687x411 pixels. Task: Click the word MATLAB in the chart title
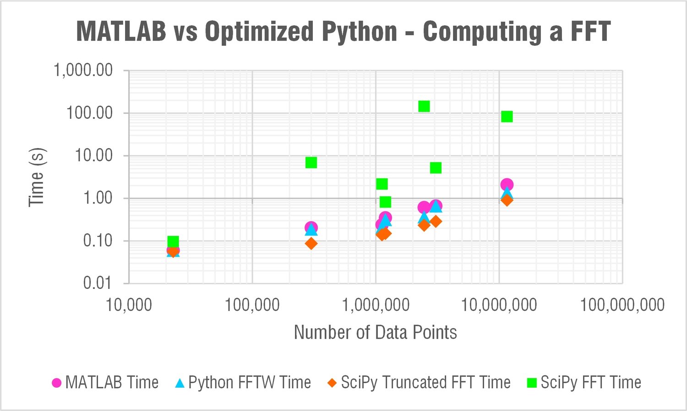(121, 32)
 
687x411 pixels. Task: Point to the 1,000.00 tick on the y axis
(83, 70)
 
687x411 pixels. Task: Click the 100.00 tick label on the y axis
(89, 112)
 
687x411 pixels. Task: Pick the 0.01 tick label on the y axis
(97, 283)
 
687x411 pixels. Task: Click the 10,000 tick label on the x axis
(129, 304)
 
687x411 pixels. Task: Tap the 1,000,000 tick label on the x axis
(376, 304)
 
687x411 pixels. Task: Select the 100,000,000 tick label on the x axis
(622, 304)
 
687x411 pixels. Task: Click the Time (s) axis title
(37, 177)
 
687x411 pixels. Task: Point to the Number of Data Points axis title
(375, 332)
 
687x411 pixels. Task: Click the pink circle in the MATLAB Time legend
(56, 383)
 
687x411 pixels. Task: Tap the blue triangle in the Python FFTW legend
(180, 383)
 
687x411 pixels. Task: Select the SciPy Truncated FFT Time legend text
(425, 382)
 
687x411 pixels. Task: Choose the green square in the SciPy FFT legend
(531, 383)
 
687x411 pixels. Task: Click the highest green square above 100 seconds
(424, 106)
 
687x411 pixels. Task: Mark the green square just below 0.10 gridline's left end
(173, 241)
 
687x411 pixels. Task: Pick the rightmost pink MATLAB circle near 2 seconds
(507, 185)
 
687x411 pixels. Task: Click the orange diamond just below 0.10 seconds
(311, 243)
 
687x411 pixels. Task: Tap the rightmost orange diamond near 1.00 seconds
(507, 200)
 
